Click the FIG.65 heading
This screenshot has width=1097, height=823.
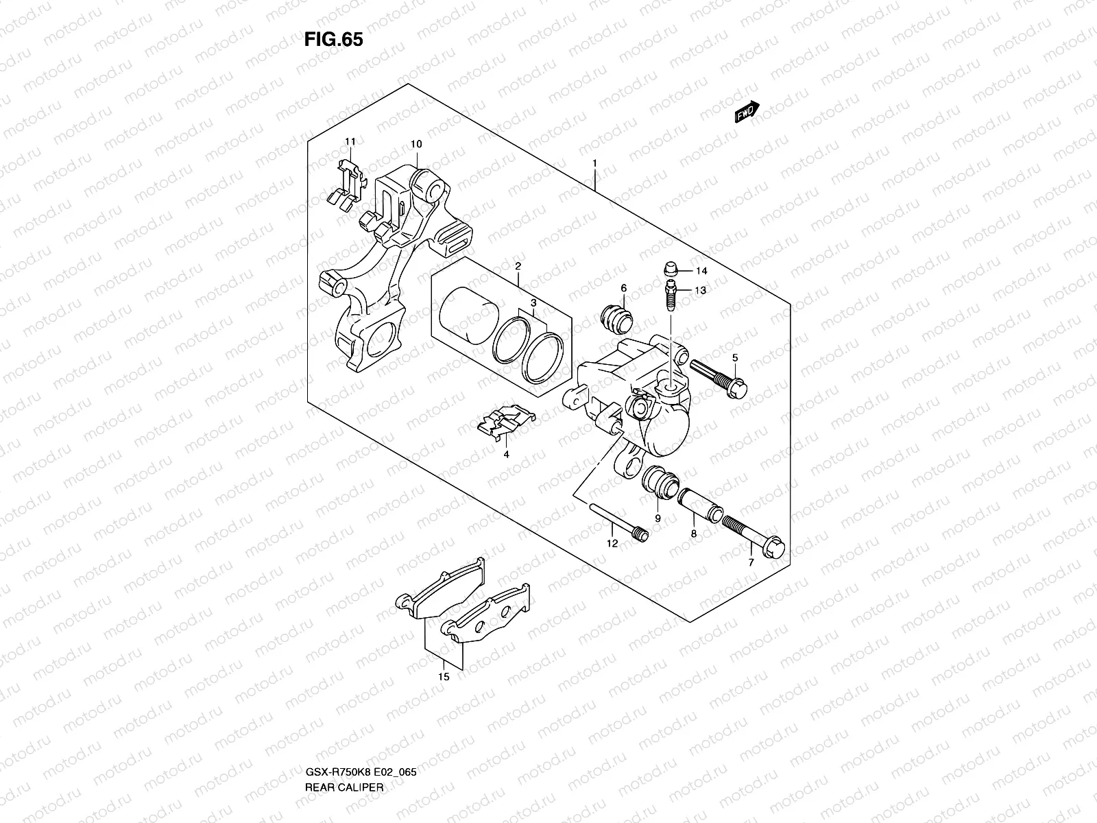(333, 40)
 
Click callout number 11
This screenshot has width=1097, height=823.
(350, 142)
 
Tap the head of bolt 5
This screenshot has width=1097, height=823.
(738, 388)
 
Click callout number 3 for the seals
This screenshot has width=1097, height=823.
(532, 302)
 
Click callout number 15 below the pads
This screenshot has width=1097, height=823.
(444, 676)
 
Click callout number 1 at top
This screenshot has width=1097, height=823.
(594, 163)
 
